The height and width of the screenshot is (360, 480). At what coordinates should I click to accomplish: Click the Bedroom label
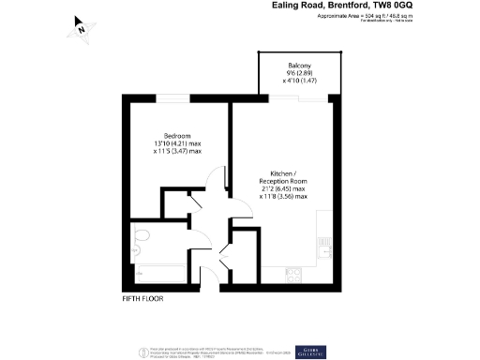[177, 134]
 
